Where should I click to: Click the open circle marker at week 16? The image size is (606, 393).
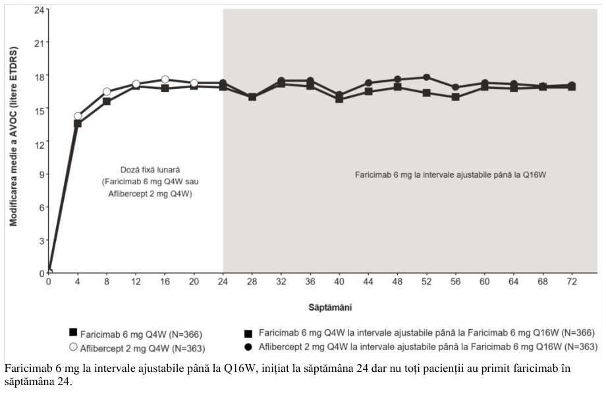point(165,80)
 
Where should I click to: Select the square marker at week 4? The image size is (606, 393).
point(78,124)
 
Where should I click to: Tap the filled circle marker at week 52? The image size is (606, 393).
point(426,77)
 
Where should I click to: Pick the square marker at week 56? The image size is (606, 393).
point(456,97)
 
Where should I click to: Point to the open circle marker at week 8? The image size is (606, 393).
point(107,92)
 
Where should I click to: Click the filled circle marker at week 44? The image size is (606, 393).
point(368,83)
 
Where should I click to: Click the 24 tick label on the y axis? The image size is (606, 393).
point(39,9)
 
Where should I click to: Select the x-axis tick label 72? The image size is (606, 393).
point(572,282)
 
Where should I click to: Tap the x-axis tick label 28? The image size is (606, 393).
point(252,282)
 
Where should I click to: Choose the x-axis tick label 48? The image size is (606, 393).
point(397,282)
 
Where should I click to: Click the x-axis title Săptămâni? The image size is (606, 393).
point(330,307)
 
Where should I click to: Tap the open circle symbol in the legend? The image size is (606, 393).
point(73,347)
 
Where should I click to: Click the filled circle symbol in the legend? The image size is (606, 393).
point(248,347)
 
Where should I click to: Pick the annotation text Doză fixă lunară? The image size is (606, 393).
point(150,170)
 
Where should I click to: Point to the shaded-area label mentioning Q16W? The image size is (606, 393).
point(451,174)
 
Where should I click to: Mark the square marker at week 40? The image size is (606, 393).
point(339,99)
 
